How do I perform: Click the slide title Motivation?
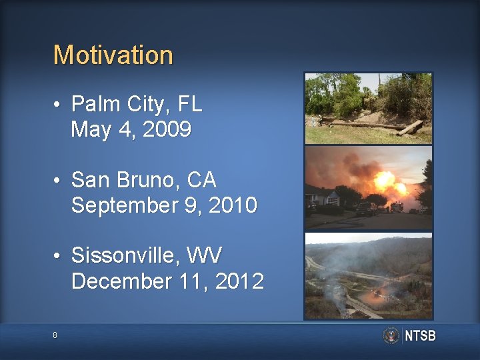coord(113,55)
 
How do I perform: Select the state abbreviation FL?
coord(189,104)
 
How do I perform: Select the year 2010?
coord(233,206)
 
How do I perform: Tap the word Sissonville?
coord(127,255)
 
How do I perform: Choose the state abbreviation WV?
coord(206,255)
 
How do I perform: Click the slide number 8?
coord(55,335)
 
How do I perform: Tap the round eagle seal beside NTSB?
coord(391,335)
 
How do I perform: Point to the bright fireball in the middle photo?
coord(385,181)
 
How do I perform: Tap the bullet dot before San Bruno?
coord(59,181)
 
